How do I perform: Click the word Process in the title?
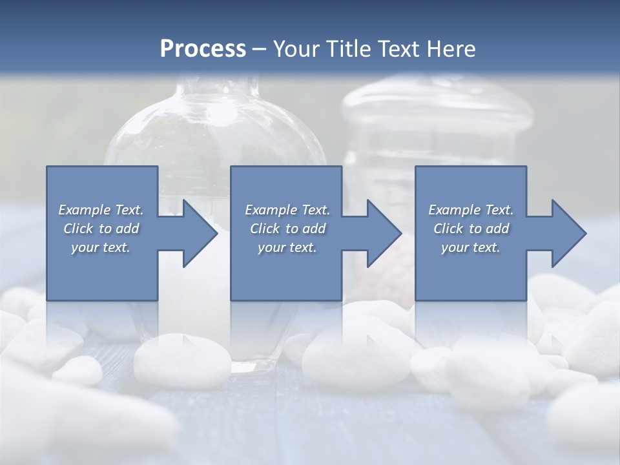coord(203,49)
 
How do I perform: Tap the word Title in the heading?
coord(349,49)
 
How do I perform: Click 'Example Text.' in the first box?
coord(101,210)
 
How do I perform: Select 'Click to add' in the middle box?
coord(287,229)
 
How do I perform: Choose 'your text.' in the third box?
coord(471,247)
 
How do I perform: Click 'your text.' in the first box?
coord(101,247)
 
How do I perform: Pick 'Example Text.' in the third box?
coord(471,210)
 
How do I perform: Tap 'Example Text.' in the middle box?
coord(287,210)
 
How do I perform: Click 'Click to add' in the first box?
coord(101,229)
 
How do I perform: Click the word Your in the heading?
coord(296,49)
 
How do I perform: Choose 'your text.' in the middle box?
coord(287,247)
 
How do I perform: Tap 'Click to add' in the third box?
coord(471,229)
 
